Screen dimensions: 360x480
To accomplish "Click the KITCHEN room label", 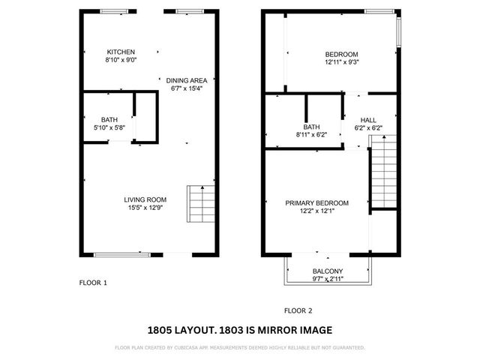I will point(121,52).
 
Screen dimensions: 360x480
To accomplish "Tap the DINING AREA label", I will point(187,80).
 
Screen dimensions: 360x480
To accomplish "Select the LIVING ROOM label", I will point(145,199).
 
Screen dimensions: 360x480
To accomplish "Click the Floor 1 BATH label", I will point(109,120).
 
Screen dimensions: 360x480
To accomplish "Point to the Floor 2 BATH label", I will point(312,127).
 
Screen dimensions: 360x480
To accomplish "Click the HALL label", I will point(368,120).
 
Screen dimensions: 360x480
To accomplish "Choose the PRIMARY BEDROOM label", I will point(316,203).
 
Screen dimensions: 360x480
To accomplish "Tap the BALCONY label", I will point(328,271).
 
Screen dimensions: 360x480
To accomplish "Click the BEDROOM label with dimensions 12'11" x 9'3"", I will point(341,54).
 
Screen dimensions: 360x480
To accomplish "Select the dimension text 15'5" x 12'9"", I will point(145,208).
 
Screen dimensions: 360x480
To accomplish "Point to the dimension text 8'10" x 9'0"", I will point(121,60).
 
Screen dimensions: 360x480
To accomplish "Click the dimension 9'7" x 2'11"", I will point(328,279).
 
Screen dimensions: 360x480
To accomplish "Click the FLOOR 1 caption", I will point(94,283).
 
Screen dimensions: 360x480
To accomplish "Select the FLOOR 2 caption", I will point(298,310).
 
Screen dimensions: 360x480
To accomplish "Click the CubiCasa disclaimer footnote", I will point(240,348).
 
